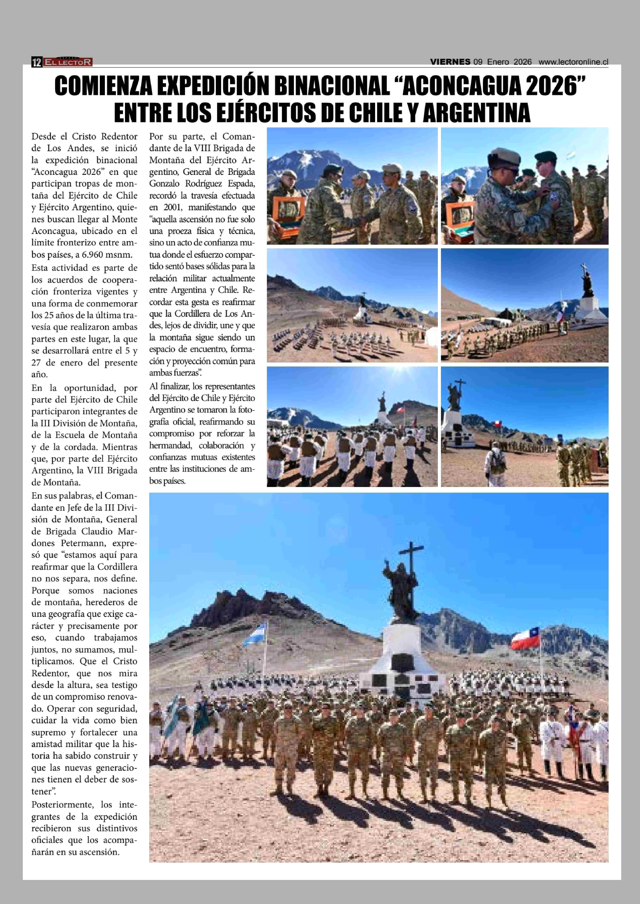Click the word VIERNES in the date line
coord(450,62)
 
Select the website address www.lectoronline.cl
coord(573,62)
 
